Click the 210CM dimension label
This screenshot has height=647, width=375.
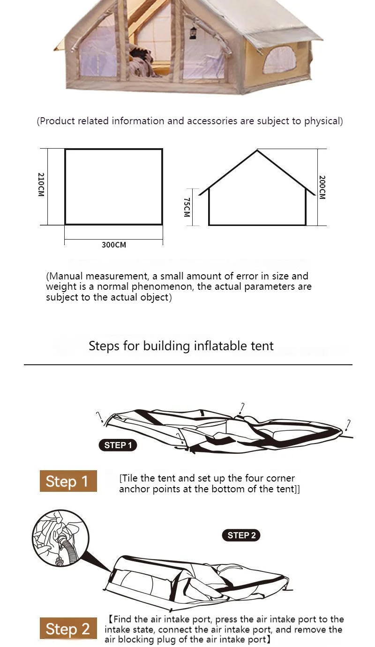41,185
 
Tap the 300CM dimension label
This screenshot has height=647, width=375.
114,245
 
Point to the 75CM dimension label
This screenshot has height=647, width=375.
187,207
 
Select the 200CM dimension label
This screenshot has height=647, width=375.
322,188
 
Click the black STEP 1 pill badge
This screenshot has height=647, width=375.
118,445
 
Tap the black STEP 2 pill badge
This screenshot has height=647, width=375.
241,535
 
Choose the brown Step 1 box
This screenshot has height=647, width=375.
68,481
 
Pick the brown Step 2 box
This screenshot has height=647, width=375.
68,629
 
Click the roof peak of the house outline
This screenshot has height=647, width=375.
257,150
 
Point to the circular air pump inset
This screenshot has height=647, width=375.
60,537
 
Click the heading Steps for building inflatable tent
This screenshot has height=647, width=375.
181,346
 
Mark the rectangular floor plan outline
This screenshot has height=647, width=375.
113,187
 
